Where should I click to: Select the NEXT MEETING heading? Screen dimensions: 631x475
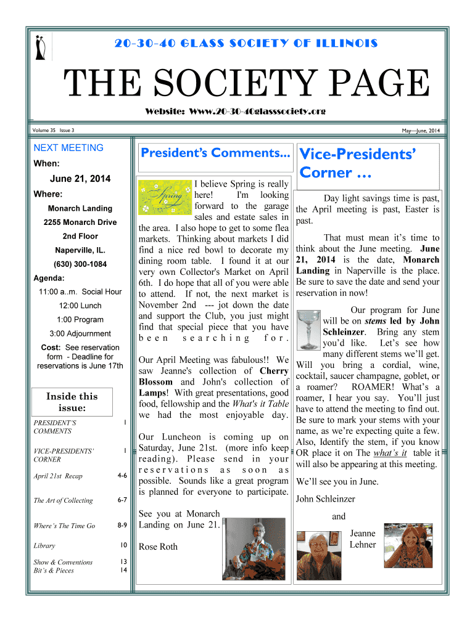pyautogui.click(x=68, y=148)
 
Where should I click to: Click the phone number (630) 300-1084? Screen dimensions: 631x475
pyautogui.click(x=80, y=264)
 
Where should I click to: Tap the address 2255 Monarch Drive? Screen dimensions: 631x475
pyautogui.click(x=80, y=222)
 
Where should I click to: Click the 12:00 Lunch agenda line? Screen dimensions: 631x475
pyautogui.click(x=80, y=306)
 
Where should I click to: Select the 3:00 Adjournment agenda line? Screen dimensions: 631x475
pyautogui.click(x=80, y=334)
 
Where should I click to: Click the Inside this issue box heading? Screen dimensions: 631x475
pyautogui.click(x=72, y=402)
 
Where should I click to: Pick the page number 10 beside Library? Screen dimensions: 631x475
pyautogui.click(x=123, y=545)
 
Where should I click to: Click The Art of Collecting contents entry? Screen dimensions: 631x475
pyautogui.click(x=63, y=500)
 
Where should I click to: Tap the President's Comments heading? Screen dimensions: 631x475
pyautogui.click(x=215, y=153)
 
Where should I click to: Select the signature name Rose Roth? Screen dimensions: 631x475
pyautogui.click(x=158, y=547)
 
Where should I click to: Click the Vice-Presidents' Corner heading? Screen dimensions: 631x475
pyautogui.click(x=357, y=163)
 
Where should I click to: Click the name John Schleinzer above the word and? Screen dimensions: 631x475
pyautogui.click(x=326, y=499)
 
